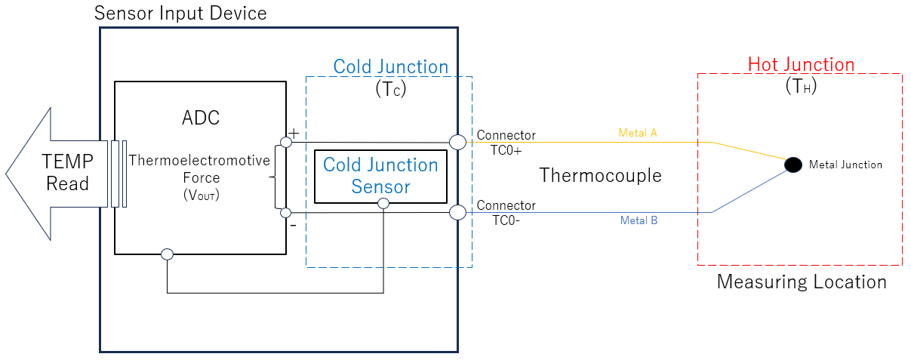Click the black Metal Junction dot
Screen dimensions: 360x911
click(x=793, y=165)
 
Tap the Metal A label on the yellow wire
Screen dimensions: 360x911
click(x=638, y=133)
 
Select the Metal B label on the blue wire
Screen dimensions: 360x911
click(x=639, y=220)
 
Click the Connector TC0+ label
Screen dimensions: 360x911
click(x=506, y=142)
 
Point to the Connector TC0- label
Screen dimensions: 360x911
click(x=506, y=212)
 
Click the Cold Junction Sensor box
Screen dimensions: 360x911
click(x=380, y=176)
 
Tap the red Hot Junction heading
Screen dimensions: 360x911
click(x=801, y=65)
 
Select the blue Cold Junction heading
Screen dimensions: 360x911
click(x=391, y=66)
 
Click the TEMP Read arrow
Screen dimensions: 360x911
click(x=60, y=173)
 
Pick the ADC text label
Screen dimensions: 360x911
click(x=200, y=118)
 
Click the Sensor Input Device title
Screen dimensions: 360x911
click(x=180, y=14)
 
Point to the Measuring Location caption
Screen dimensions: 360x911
click(x=801, y=282)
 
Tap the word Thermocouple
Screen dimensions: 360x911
click(x=600, y=176)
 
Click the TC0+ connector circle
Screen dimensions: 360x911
click(x=457, y=142)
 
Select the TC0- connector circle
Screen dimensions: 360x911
click(x=457, y=213)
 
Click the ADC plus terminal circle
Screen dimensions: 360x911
click(x=285, y=142)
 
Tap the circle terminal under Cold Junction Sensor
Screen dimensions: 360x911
click(x=383, y=204)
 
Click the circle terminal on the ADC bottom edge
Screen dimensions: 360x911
click(x=168, y=254)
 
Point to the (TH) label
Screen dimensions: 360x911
click(x=801, y=87)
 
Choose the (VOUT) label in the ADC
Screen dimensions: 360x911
click(x=200, y=194)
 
